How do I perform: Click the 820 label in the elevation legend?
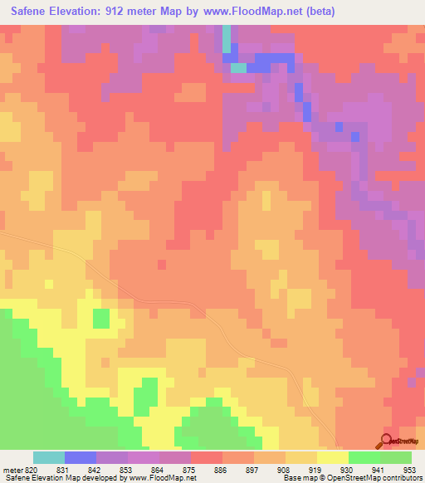tap(33, 468)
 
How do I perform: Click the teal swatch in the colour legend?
tap(49, 457)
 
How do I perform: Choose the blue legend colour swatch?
tap(81, 457)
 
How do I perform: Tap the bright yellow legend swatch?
tap(333, 457)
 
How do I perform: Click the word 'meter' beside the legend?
tap(11, 468)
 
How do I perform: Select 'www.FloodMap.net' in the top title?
tap(254, 11)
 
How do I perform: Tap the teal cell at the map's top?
tap(227, 38)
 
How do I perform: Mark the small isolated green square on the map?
tap(100, 318)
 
